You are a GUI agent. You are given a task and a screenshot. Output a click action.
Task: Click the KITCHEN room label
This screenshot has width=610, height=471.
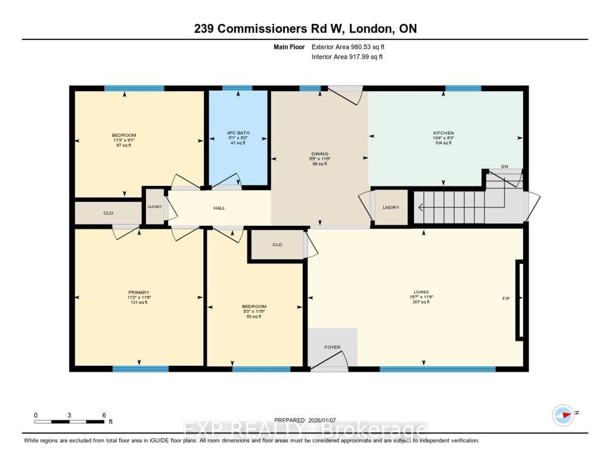(443, 133)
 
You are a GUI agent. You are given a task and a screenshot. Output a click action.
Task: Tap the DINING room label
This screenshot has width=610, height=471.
(320, 154)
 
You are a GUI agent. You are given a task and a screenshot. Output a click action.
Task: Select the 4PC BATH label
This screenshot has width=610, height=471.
(238, 133)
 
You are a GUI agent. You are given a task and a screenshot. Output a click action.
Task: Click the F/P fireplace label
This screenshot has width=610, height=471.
(506, 298)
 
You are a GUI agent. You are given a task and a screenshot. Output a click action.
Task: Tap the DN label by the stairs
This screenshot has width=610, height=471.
(504, 166)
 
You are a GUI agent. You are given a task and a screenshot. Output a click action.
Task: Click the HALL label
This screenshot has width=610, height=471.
(219, 208)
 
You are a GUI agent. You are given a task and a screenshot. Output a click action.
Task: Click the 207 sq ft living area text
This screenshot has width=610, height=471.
(421, 302)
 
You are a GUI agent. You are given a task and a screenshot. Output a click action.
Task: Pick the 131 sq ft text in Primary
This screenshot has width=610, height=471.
(139, 302)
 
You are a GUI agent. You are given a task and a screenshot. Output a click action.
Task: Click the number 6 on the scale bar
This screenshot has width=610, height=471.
(104, 415)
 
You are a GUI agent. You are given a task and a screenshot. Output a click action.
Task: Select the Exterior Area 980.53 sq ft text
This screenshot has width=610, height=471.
(348, 47)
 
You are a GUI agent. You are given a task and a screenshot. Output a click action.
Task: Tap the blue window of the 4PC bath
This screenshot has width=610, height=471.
(237, 88)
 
